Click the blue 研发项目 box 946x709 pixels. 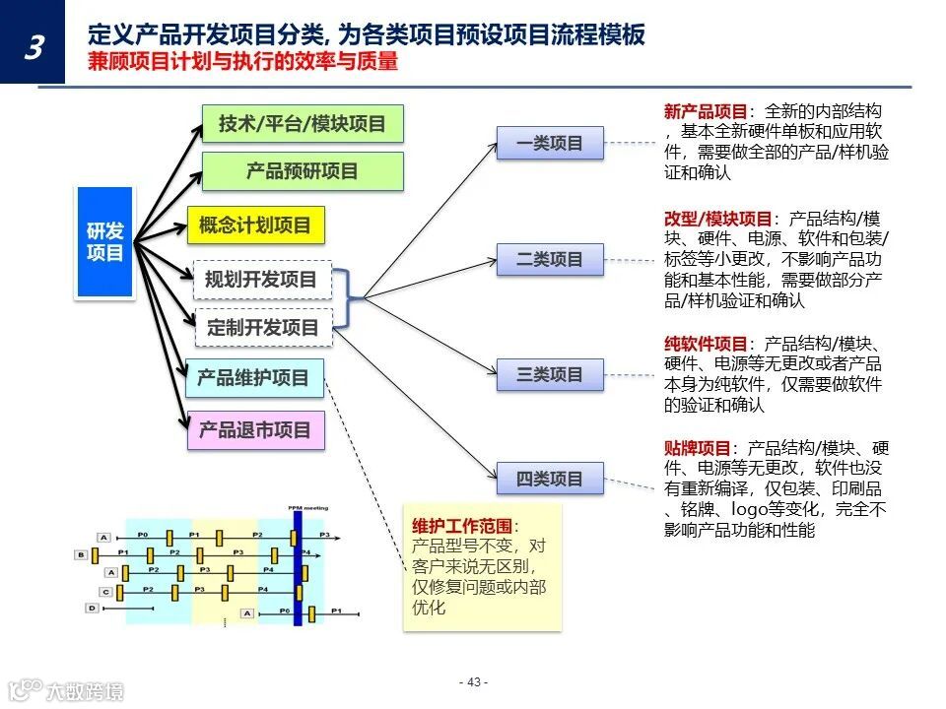pyautogui.click(x=104, y=242)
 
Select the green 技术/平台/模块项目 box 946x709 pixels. pyautogui.click(x=303, y=125)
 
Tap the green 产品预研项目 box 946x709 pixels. pyautogui.click(x=303, y=171)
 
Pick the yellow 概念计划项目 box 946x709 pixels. pyautogui.click(x=255, y=226)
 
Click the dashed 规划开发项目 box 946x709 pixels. pyautogui.click(x=261, y=280)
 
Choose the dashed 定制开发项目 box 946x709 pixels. pyautogui.click(x=263, y=328)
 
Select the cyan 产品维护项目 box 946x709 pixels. pyautogui.click(x=254, y=377)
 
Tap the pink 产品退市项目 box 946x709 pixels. pyautogui.click(x=255, y=430)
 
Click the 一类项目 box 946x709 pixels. pyautogui.click(x=550, y=144)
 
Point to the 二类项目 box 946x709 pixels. pyautogui.click(x=550, y=260)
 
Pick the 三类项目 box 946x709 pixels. pyautogui.click(x=550, y=374)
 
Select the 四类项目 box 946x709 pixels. pyautogui.click(x=550, y=480)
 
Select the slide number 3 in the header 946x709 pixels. pyautogui.click(x=34, y=47)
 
